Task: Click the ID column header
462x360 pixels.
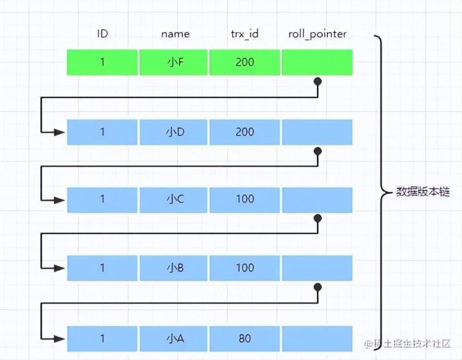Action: [102, 33]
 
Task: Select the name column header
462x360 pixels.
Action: [175, 33]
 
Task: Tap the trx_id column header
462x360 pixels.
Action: [244, 33]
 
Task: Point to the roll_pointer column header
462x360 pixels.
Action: [316, 33]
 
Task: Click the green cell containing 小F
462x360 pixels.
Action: [174, 62]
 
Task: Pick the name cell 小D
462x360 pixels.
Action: [174, 132]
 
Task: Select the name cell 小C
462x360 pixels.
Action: [174, 199]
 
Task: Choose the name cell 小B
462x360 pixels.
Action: [174, 268]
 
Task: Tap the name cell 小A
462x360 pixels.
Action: [174, 338]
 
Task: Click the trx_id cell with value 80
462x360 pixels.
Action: [244, 338]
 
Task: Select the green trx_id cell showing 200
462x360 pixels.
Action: [244, 62]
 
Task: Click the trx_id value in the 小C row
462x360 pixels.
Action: [244, 199]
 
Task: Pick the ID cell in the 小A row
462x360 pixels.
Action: [102, 338]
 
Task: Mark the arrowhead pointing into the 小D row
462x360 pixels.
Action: [60, 132]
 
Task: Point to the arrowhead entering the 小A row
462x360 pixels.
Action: [60, 338]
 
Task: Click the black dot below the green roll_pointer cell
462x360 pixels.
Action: [317, 82]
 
